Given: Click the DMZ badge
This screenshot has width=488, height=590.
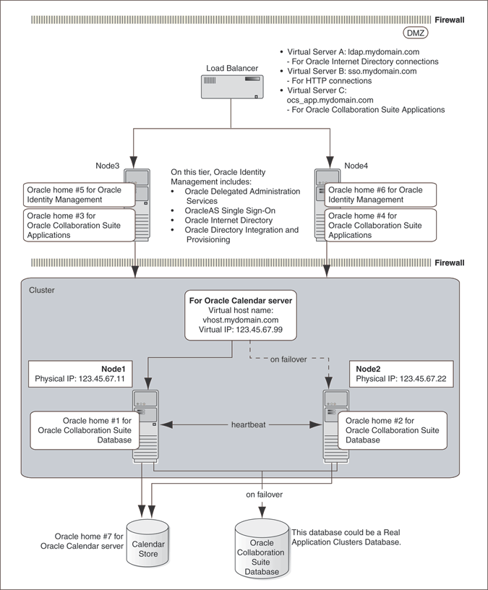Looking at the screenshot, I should pos(415,33).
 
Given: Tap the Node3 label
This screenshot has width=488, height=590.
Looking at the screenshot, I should pos(108,165).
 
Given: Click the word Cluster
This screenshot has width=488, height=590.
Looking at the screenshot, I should pos(41,290).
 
